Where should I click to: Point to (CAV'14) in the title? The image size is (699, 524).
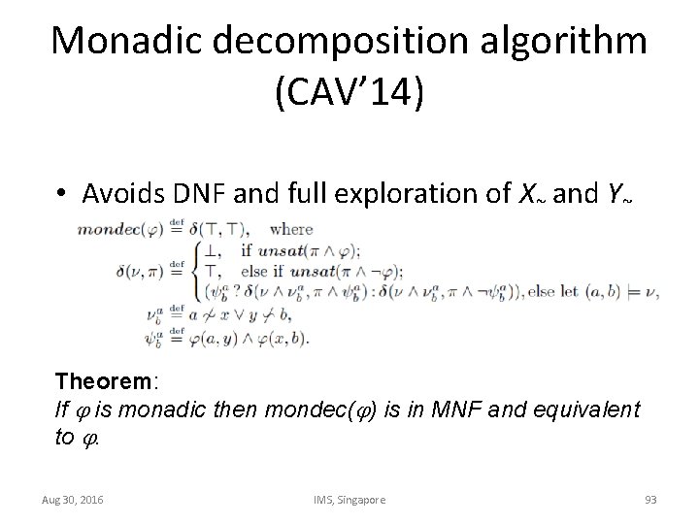click(349, 97)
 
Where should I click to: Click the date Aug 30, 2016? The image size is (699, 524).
click(74, 499)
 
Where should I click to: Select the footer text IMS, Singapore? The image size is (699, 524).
click(349, 499)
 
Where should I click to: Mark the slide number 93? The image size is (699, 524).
click(650, 499)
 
